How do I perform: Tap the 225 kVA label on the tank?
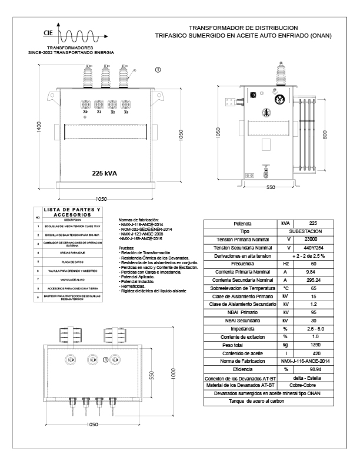pyautogui.click(x=105, y=173)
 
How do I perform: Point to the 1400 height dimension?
pyautogui.click(x=38, y=127)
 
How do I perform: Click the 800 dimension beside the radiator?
pyautogui.click(x=325, y=135)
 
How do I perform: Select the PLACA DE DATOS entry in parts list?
pyautogui.click(x=72, y=260)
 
